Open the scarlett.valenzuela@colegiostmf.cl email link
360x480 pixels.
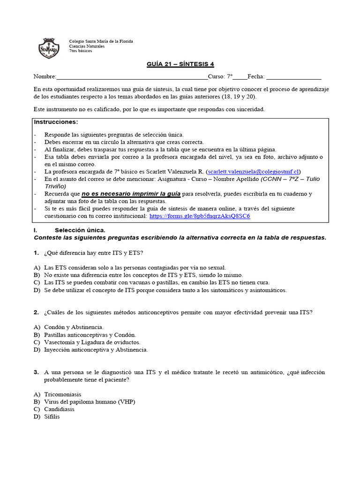(x=253, y=172)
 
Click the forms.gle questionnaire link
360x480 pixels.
(x=200, y=216)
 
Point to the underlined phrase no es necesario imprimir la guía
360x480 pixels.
(x=131, y=194)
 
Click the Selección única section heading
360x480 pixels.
(x=80, y=230)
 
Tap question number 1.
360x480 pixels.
(x=36, y=253)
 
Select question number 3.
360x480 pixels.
(x=36, y=372)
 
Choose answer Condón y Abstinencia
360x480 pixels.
(x=74, y=327)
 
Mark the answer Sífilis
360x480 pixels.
(x=52, y=417)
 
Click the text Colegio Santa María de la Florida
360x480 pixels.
(x=101, y=41)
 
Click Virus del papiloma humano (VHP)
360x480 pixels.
(x=90, y=402)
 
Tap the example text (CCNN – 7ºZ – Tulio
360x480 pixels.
(x=291, y=179)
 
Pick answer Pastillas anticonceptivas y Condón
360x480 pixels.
(x=90, y=334)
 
